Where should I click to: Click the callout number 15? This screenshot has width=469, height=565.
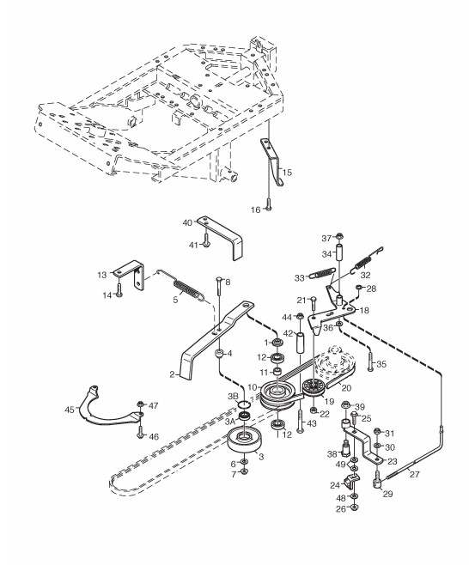tap(287, 173)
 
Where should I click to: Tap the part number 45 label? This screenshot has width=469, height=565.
tap(70, 410)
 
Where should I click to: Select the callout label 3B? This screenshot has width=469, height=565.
tap(234, 397)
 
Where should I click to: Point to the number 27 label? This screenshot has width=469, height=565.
tap(415, 474)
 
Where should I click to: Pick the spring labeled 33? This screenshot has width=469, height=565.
tap(323, 274)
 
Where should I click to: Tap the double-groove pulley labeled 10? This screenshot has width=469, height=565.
tap(278, 395)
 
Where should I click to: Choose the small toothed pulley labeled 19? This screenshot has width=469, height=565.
tap(314, 387)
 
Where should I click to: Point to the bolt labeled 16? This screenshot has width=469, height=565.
tap(268, 204)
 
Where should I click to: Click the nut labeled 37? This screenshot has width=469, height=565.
tap(338, 237)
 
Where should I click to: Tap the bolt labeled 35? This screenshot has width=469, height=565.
tap(370, 361)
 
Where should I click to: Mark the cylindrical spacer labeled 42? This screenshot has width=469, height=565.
tap(301, 343)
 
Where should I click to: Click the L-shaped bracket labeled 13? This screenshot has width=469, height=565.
tap(130, 275)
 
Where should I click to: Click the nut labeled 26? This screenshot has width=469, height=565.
tap(355, 508)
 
